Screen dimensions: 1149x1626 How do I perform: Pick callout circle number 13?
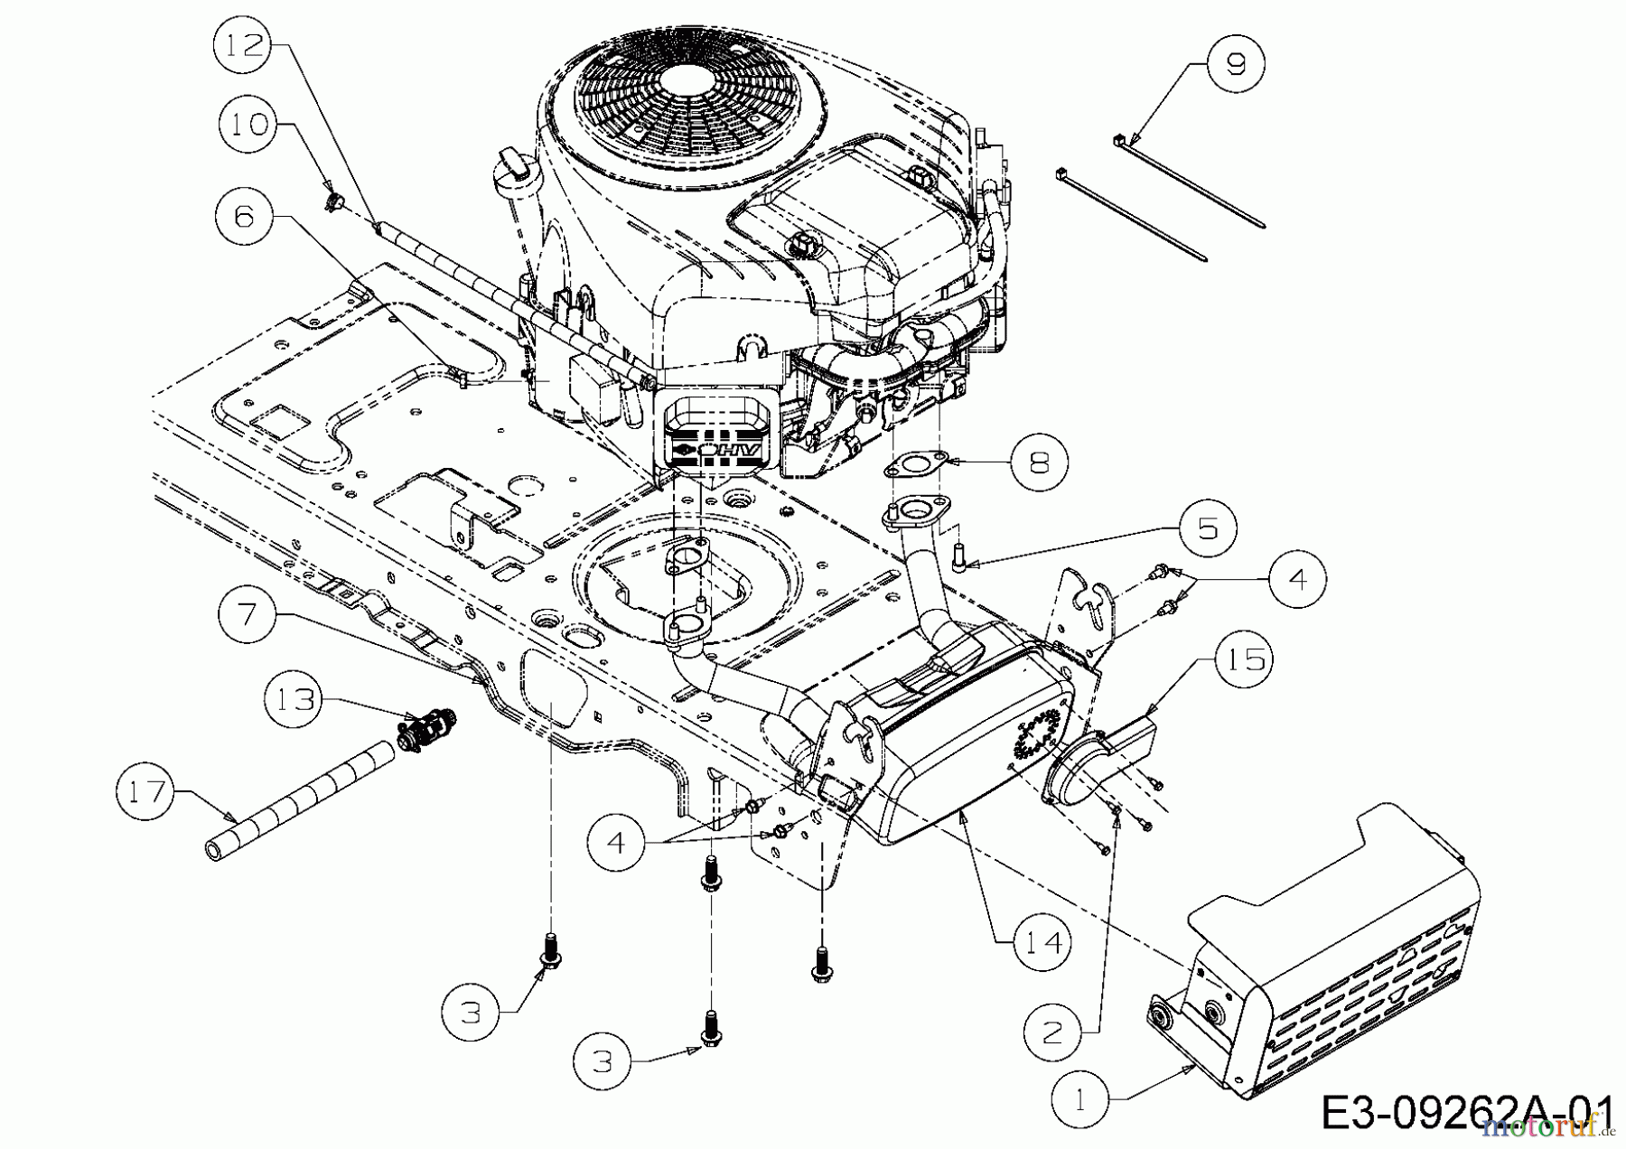[x=296, y=699]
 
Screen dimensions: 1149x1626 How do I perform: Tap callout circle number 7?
[x=248, y=614]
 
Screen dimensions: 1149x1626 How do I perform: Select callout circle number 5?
[x=1208, y=528]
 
